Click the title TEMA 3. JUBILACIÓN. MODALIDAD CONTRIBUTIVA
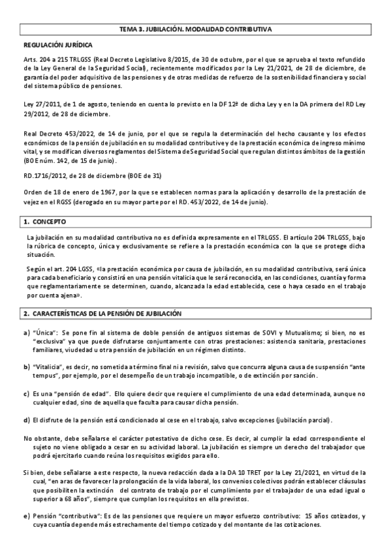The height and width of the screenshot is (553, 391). click(x=195, y=30)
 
